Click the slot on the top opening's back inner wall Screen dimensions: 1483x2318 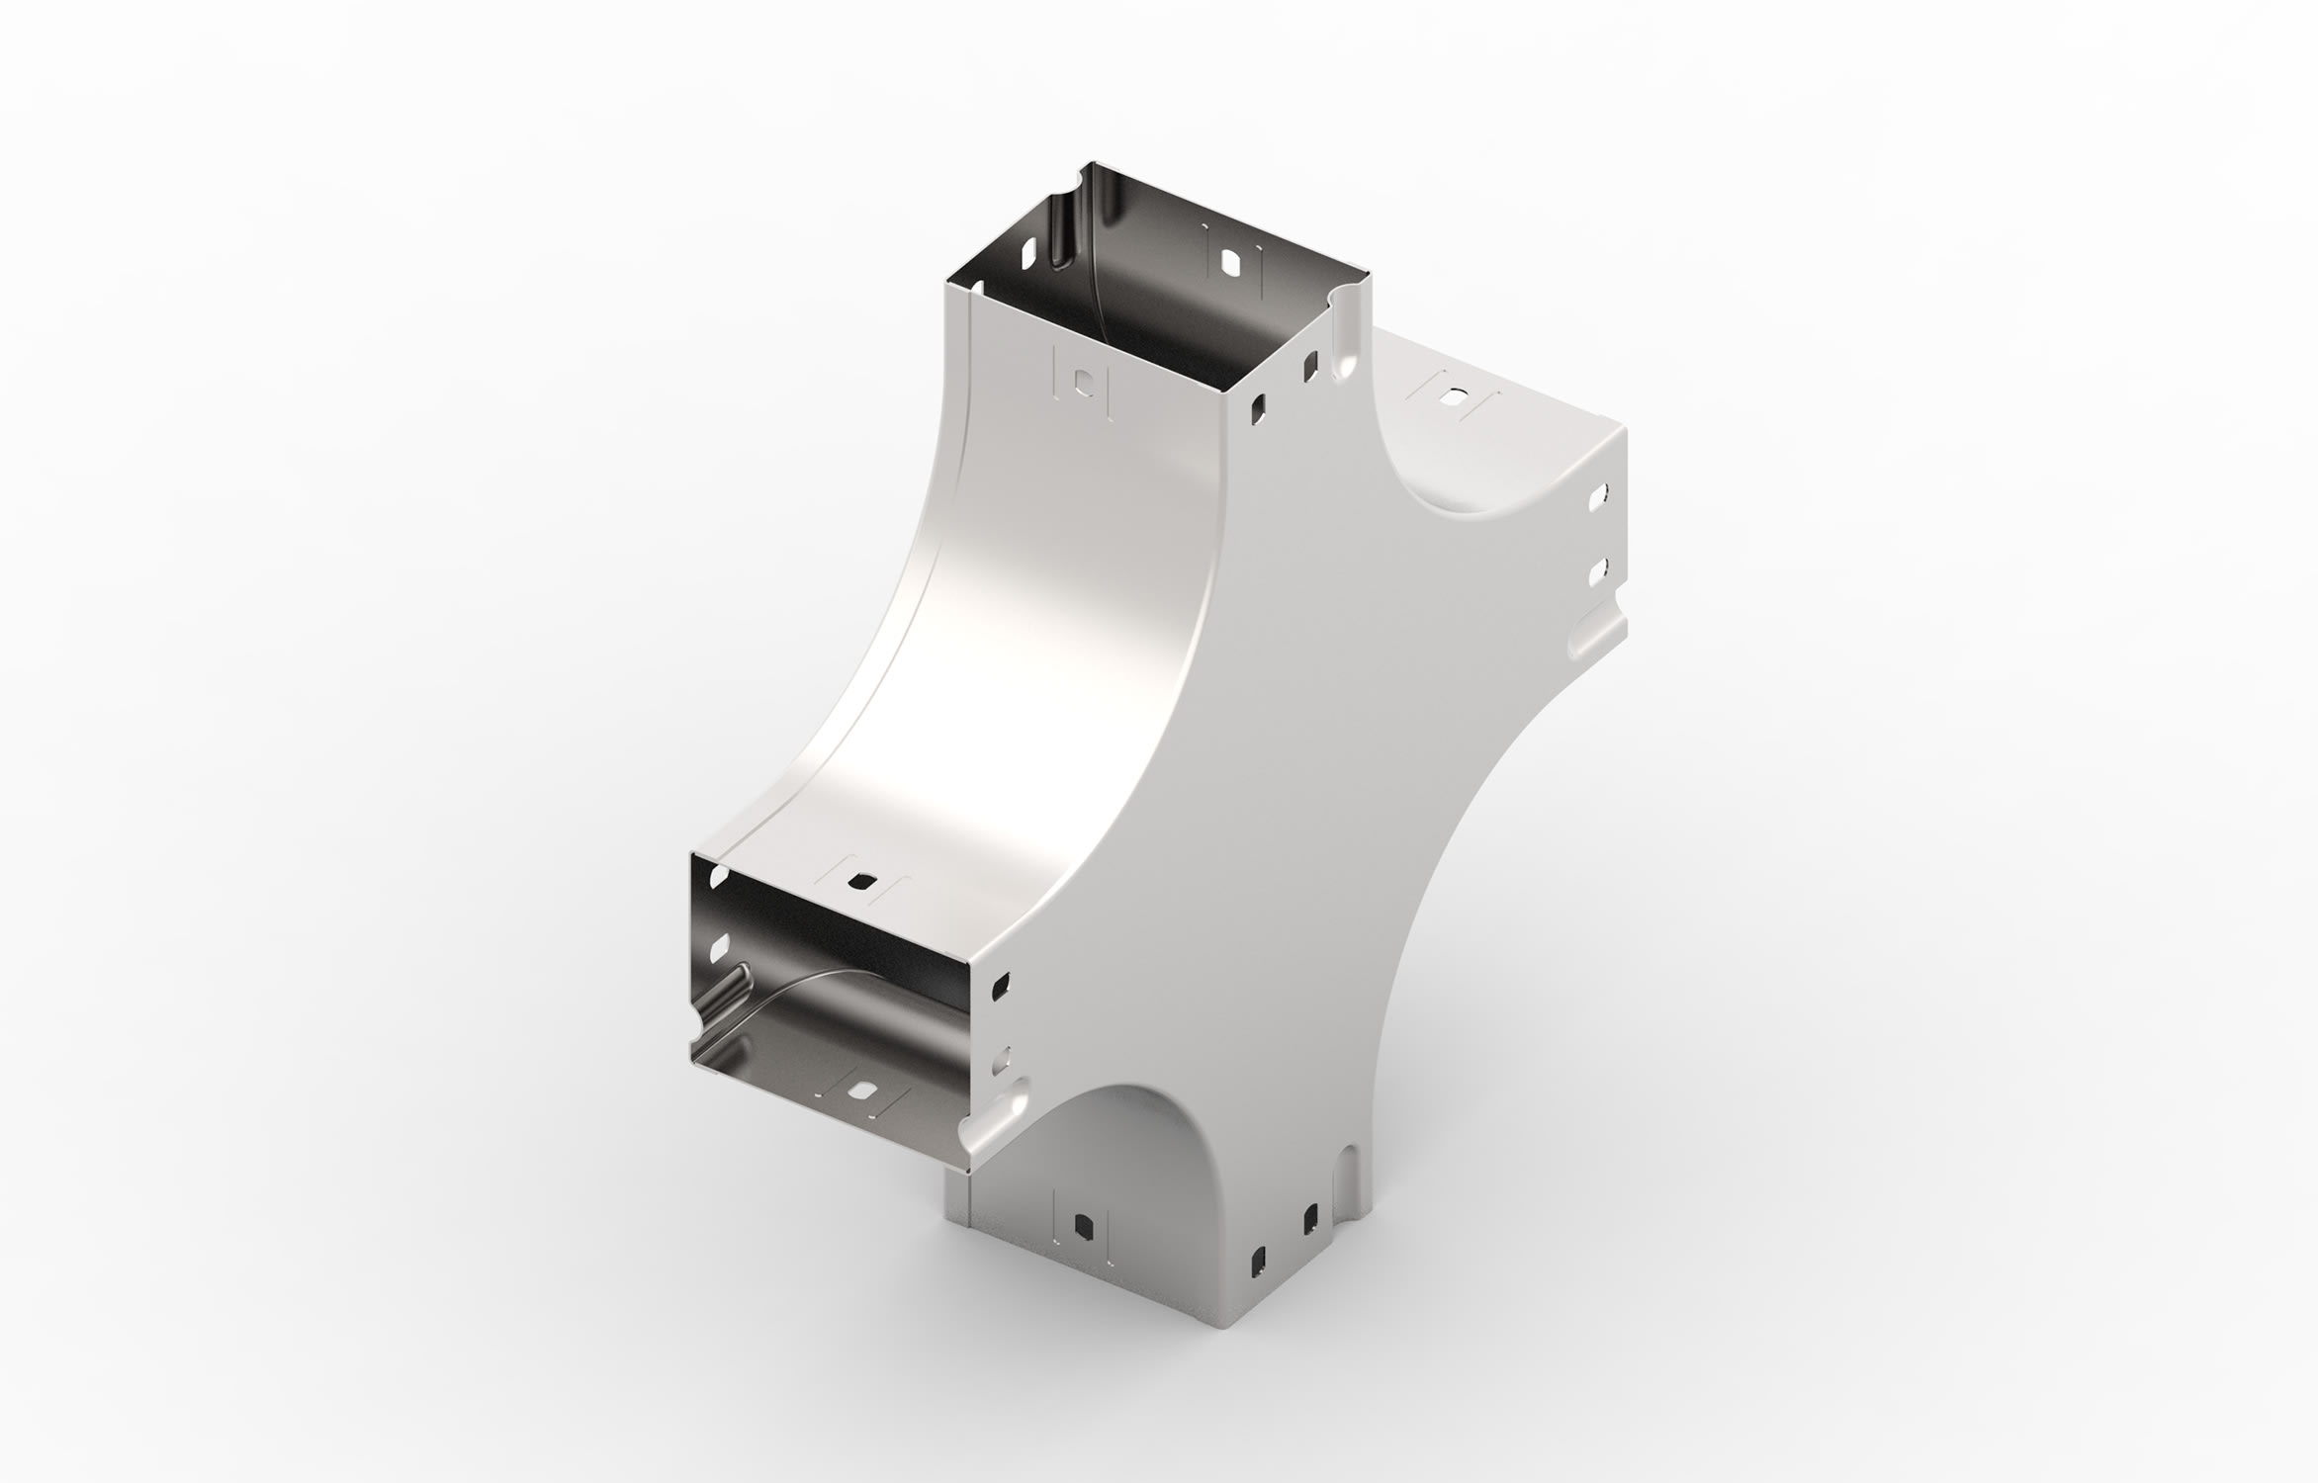click(1231, 263)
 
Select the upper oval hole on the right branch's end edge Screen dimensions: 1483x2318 click(1595, 497)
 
